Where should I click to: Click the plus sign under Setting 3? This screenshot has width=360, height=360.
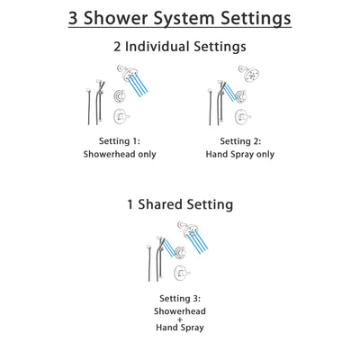[x=180, y=321]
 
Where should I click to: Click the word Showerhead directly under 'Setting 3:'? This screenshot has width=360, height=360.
[x=180, y=310]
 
